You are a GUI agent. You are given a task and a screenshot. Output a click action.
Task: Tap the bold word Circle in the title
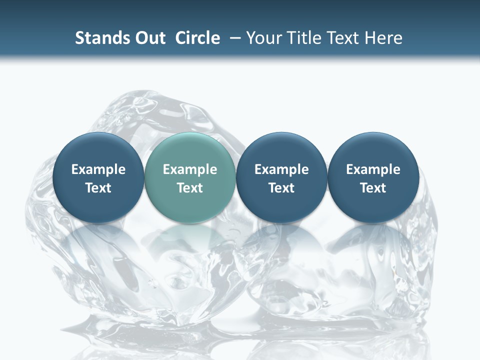tap(197, 38)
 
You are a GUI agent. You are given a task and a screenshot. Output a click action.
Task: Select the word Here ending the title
tap(383, 38)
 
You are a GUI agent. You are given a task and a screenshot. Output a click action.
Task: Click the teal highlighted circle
tap(190, 177)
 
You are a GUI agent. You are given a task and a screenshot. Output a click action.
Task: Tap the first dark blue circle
tap(98, 177)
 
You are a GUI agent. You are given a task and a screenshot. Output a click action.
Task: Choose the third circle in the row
tap(281, 177)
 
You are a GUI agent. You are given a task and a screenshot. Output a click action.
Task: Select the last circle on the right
tap(373, 177)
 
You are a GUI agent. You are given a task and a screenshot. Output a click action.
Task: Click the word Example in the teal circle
tap(190, 169)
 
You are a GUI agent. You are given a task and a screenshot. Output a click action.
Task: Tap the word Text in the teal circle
tap(190, 188)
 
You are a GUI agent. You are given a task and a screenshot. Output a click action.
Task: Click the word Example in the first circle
tap(98, 169)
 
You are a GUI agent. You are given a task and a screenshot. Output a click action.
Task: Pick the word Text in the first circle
tap(98, 188)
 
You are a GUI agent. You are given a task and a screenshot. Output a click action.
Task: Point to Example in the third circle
tap(281, 169)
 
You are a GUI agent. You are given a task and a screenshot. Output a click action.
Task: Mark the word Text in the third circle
tap(281, 188)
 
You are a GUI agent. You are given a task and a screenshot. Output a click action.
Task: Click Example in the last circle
tap(373, 169)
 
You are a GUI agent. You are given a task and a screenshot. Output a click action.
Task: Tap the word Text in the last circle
tap(373, 188)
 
